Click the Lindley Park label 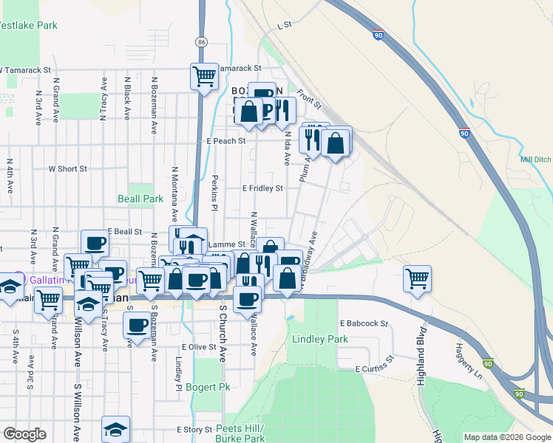pyautogui.click(x=319, y=339)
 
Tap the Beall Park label pyautogui.click(x=140, y=199)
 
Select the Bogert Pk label pyautogui.click(x=208, y=387)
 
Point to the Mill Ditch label pyautogui.click(x=535, y=159)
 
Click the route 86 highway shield pyautogui.click(x=201, y=42)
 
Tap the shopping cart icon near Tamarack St pyautogui.click(x=204, y=75)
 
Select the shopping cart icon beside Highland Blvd pyautogui.click(x=417, y=279)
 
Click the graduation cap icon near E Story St pyautogui.click(x=115, y=429)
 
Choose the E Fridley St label pyautogui.click(x=262, y=188)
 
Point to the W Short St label pyautogui.click(x=68, y=168)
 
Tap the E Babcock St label pyautogui.click(x=364, y=323)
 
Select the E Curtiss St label pyautogui.click(x=376, y=369)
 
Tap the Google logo pyautogui.click(x=24, y=434)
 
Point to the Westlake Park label pyautogui.click(x=27, y=25)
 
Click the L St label pyautogui.click(x=285, y=25)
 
